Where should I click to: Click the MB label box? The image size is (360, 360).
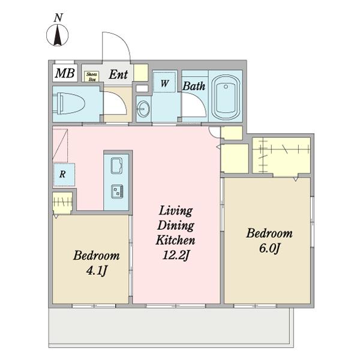point(65,73)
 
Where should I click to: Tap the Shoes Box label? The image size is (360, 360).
point(92,76)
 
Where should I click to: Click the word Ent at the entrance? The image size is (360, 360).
point(118,74)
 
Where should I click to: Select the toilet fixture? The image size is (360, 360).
point(68,103)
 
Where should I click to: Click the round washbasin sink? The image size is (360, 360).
point(143,109)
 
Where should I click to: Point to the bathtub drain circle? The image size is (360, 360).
point(226,86)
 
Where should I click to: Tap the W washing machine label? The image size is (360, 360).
point(164,83)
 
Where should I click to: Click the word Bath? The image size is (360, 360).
point(194,86)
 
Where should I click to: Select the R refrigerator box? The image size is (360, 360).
point(64,175)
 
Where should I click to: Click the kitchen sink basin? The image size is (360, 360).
point(116,166)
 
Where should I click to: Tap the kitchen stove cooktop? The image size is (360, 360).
point(117,191)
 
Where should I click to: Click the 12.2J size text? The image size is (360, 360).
point(176,255)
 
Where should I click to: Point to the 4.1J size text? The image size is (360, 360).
point(97,271)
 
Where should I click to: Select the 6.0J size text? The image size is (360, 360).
point(269,248)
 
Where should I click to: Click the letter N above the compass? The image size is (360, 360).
point(58,18)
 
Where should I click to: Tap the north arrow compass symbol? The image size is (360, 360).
point(58,35)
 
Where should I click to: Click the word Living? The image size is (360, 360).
point(176,211)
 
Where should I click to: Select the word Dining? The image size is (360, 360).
point(176,226)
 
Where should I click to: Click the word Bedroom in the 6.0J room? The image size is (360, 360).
point(269,233)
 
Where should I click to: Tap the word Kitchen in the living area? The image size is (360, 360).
point(176,240)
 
